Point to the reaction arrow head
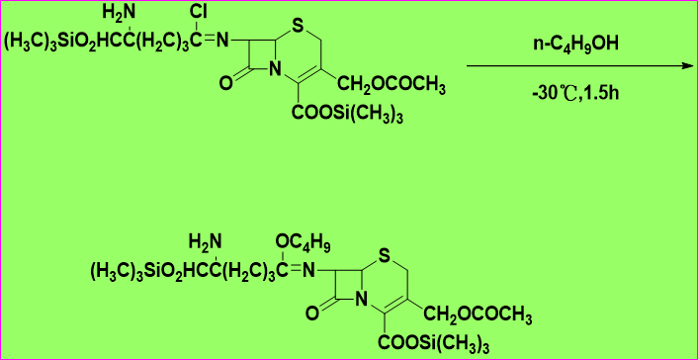690,66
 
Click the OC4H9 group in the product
304,243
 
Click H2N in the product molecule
205,243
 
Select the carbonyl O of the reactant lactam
225,83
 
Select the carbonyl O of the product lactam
312,313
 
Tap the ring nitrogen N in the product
362,301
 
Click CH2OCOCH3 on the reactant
392,86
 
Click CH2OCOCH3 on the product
478,315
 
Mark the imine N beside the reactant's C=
222,42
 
